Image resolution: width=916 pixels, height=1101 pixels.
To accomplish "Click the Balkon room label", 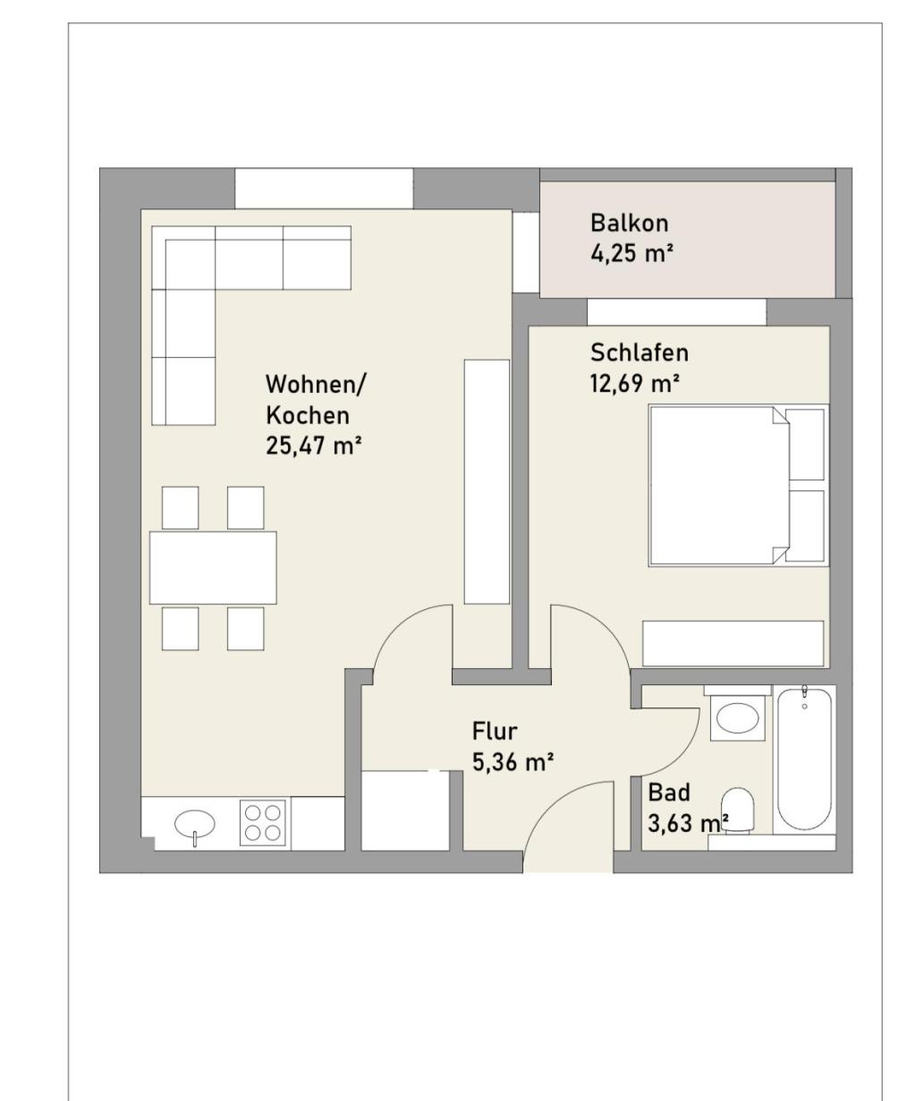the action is (x=629, y=223).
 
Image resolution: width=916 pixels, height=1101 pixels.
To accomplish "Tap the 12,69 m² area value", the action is (x=634, y=384).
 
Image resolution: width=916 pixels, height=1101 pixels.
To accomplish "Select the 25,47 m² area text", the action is (x=313, y=446).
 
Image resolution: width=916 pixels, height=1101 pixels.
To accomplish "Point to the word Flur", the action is (x=494, y=732).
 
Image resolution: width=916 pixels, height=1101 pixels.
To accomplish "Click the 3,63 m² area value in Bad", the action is (x=688, y=823).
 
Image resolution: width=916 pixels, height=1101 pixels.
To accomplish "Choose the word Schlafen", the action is (x=640, y=352).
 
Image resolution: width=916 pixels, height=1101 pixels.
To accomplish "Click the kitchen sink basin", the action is (x=195, y=823).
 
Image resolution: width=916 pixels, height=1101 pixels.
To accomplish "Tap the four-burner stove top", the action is (x=263, y=823).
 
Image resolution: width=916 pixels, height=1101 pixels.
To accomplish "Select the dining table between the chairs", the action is (x=213, y=568).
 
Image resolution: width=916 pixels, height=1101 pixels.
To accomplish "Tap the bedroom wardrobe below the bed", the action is (x=733, y=643).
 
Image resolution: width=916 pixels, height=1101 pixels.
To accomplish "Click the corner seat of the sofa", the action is (x=183, y=258).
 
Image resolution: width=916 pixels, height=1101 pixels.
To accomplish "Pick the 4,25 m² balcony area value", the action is (x=632, y=254).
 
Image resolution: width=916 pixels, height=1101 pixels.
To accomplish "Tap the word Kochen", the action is (x=308, y=416).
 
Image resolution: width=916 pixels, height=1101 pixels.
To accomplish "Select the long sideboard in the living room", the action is (x=487, y=481).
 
